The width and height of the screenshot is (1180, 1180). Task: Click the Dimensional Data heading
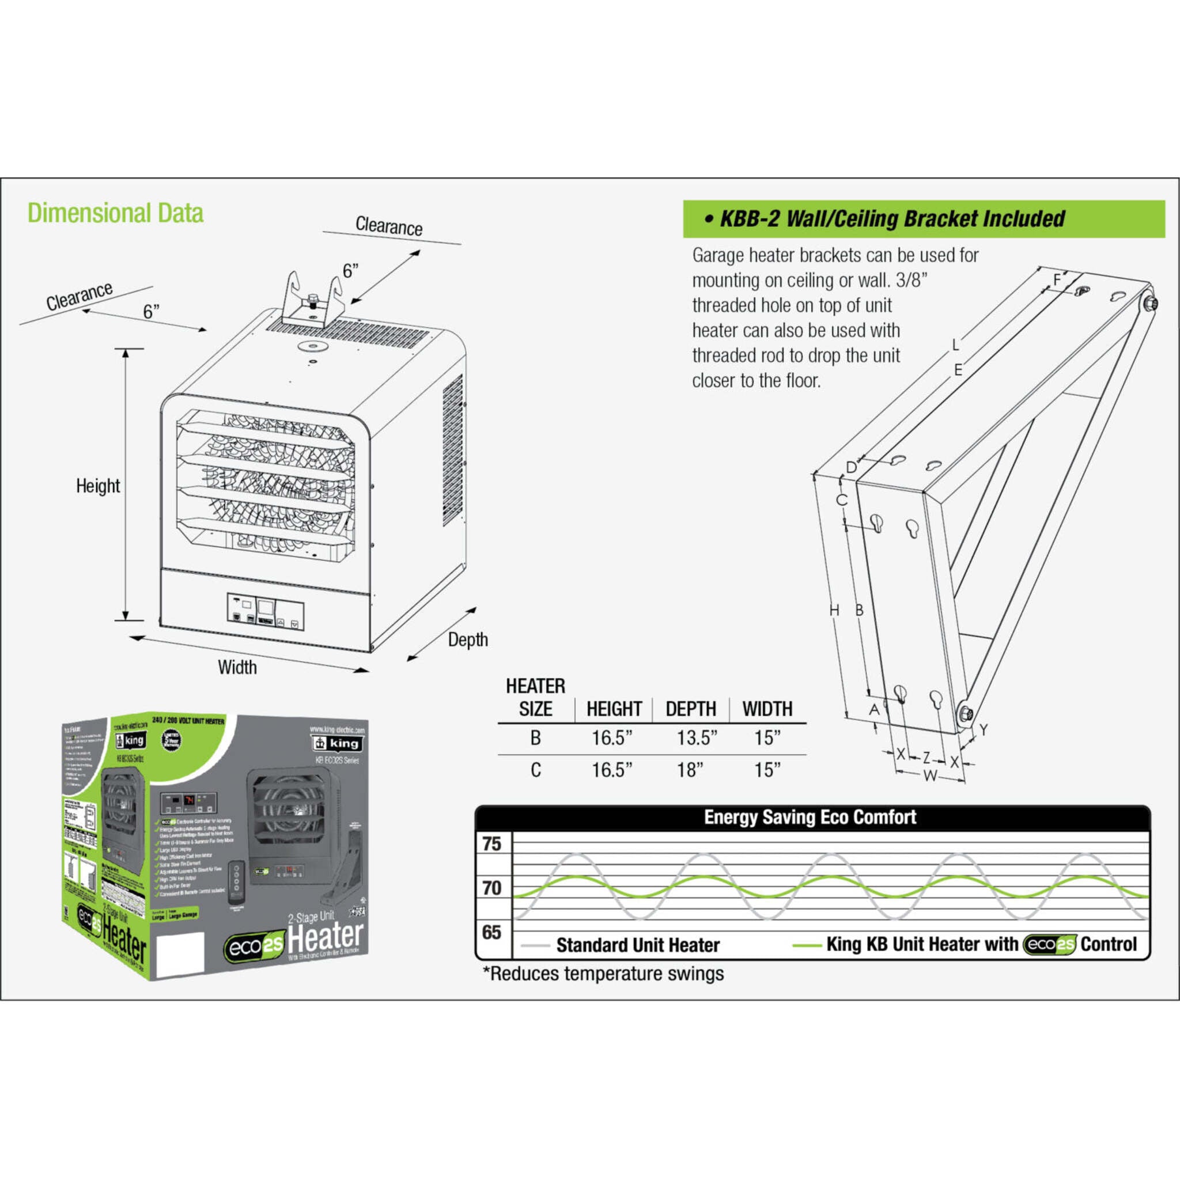115,213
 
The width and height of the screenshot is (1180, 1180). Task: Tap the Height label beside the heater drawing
98,486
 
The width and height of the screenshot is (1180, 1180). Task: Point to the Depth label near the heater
468,640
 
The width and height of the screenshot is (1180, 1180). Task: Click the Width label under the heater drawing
237,667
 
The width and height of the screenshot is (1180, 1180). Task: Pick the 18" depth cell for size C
690,770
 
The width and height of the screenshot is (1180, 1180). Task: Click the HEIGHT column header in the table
614,709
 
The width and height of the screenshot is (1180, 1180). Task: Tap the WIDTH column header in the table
767,709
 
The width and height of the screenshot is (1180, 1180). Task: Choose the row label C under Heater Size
536,770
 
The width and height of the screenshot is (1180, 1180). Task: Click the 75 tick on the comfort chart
491,844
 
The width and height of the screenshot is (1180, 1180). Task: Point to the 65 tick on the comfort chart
491,932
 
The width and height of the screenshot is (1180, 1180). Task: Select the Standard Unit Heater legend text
638,945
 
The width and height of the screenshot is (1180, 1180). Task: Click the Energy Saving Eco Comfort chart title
810,817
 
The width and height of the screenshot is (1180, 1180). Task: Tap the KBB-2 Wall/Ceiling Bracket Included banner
924,218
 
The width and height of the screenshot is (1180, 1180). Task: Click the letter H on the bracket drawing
834,610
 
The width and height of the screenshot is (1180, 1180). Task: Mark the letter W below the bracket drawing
929,776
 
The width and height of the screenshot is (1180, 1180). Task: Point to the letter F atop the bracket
1057,281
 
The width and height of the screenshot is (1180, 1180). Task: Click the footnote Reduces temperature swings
603,974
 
